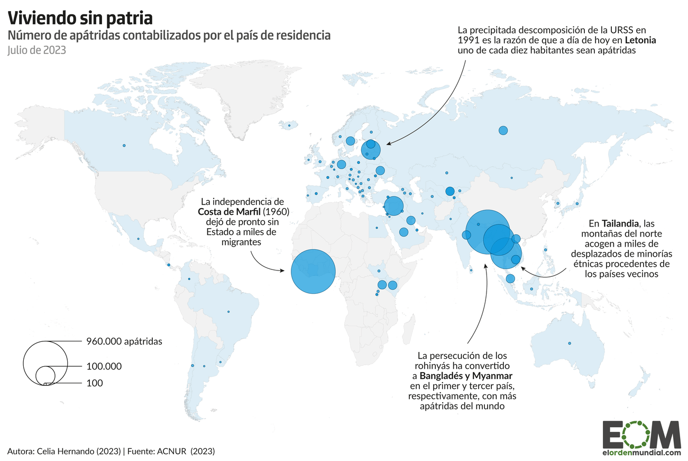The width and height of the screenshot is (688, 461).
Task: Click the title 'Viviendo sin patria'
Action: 80,18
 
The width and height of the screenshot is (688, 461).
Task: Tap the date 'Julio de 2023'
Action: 36,51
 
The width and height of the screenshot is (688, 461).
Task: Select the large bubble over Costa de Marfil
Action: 313,271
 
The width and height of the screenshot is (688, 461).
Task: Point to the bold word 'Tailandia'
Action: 622,223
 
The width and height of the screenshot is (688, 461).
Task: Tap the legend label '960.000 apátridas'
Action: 124,341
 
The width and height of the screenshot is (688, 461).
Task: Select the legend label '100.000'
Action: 104,366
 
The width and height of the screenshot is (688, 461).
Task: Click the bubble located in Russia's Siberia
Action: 503,130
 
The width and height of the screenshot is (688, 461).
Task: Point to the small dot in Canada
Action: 124,146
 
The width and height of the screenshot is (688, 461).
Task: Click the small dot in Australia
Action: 570,344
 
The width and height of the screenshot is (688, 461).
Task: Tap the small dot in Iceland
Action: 289,125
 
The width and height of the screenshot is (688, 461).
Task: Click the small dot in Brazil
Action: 228,312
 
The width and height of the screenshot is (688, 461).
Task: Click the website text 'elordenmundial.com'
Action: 641,453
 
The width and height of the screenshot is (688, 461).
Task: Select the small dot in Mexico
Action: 138,239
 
